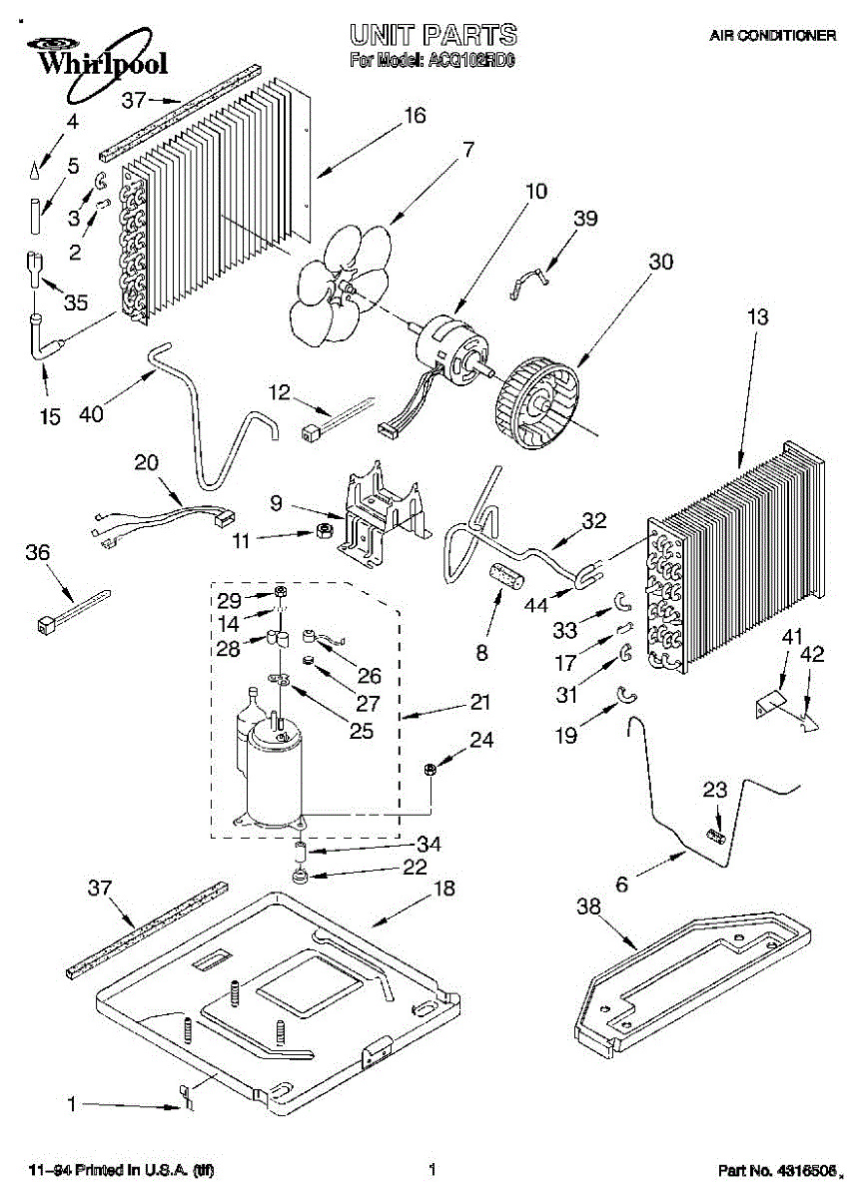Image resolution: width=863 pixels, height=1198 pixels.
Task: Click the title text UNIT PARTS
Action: click(432, 35)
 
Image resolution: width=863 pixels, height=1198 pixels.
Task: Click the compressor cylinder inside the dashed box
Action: click(274, 774)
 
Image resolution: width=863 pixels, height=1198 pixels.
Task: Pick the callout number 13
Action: click(757, 317)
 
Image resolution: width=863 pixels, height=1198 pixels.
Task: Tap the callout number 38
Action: click(590, 906)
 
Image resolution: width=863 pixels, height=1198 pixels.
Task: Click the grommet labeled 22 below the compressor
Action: click(300, 878)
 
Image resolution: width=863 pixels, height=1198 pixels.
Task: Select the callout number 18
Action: click(442, 890)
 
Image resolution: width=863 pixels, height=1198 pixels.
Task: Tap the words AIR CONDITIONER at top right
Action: click(772, 35)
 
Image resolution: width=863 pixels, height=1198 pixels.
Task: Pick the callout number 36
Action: click(37, 552)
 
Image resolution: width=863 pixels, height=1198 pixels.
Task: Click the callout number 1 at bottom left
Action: click(71, 1104)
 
